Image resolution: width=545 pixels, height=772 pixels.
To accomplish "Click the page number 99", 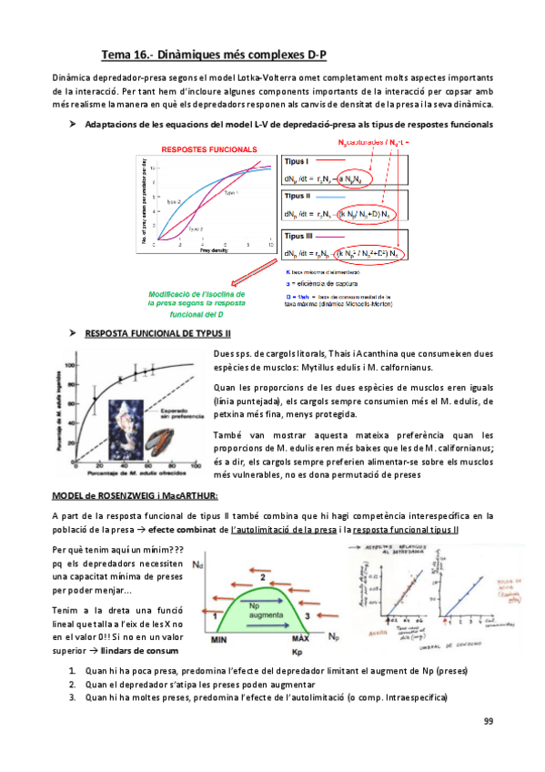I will pyautogui.click(x=487, y=721).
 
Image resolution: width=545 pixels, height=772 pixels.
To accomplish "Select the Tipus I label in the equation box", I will pyautogui.click(x=297, y=160).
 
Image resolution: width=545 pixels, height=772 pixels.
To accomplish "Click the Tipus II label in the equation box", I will pyautogui.click(x=298, y=197).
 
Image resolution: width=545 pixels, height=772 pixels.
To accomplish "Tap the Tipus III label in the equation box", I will pyautogui.click(x=299, y=235).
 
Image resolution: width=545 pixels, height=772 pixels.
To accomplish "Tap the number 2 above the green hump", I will pyautogui.click(x=263, y=576).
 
